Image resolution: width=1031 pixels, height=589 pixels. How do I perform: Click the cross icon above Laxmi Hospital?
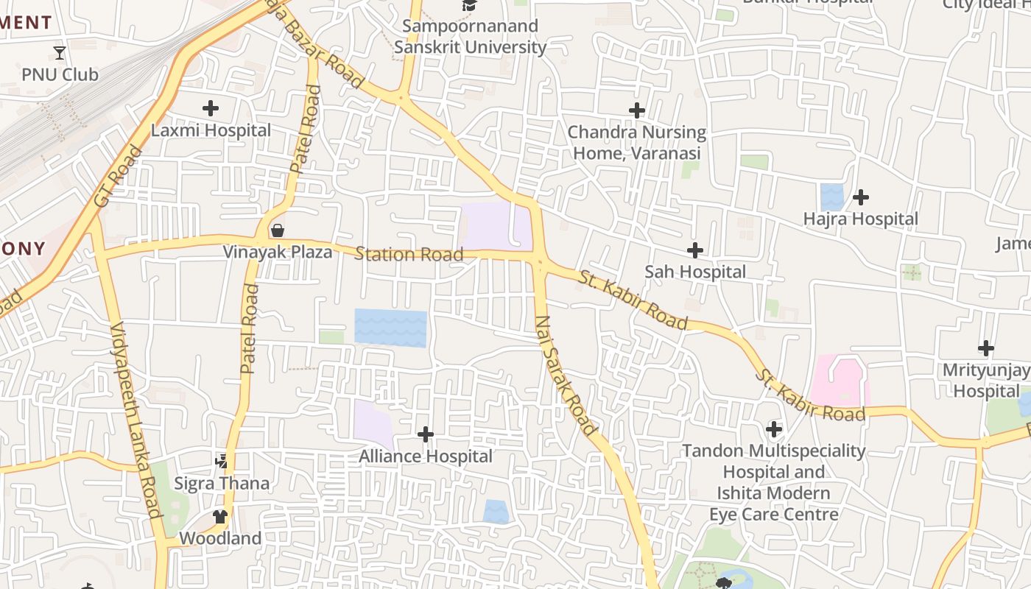point(211,108)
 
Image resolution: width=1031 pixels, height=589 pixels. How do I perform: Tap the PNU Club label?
point(60,74)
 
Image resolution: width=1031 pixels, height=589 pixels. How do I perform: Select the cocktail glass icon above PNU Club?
point(60,52)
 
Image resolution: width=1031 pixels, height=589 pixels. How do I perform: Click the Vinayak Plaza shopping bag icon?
point(278,230)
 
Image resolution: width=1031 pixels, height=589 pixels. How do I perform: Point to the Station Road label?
point(409,255)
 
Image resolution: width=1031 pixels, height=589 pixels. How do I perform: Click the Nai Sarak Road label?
point(565,375)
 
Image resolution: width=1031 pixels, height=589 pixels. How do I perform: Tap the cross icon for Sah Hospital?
point(694,250)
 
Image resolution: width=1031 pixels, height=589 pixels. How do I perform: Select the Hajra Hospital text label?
point(860,219)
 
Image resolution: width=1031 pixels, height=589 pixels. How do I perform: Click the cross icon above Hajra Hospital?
point(860,197)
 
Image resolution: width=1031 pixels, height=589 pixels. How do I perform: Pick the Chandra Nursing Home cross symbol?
point(637,110)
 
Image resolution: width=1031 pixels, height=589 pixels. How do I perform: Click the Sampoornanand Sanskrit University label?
point(470,37)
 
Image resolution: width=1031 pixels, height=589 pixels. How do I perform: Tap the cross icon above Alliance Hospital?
point(426,434)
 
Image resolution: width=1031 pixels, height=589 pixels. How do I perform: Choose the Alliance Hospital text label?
point(426,456)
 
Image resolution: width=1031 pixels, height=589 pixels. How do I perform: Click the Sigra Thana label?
point(222,484)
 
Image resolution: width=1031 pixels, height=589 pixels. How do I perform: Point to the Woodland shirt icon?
point(220,516)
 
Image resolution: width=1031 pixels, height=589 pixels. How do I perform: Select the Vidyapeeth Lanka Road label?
point(135,420)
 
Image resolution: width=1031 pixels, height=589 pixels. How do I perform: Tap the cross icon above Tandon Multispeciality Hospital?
point(773,428)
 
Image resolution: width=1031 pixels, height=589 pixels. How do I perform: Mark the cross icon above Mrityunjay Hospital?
point(985,348)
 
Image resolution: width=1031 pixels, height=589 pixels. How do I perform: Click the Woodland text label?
point(220,538)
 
